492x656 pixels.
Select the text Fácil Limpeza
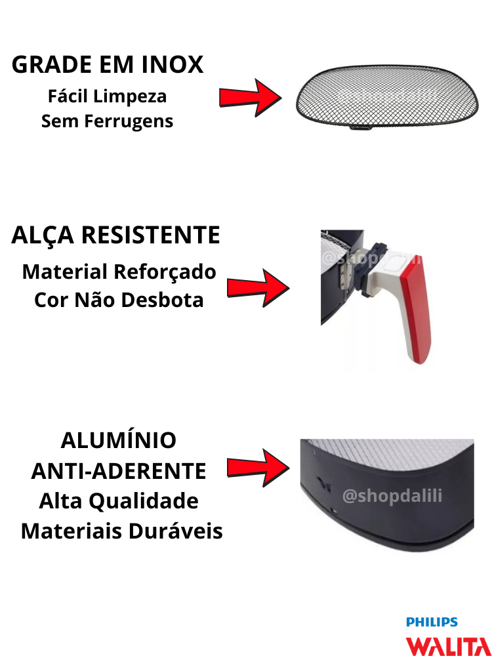tap(107, 96)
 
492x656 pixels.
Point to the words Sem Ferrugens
tap(107, 121)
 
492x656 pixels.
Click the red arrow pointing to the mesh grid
tap(250, 98)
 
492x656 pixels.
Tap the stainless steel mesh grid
tap(387, 96)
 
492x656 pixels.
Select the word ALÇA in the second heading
tap(43, 235)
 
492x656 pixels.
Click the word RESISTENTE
tap(151, 235)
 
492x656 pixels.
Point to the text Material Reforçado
tap(119, 272)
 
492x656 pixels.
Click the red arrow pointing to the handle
tap(258, 288)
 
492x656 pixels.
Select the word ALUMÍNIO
tap(119, 441)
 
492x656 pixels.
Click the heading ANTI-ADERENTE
tap(119, 472)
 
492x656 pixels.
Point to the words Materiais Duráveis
tap(122, 531)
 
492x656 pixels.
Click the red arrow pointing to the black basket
tap(258, 468)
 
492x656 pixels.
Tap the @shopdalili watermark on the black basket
tap(392, 496)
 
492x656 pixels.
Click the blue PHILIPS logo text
tap(432, 622)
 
